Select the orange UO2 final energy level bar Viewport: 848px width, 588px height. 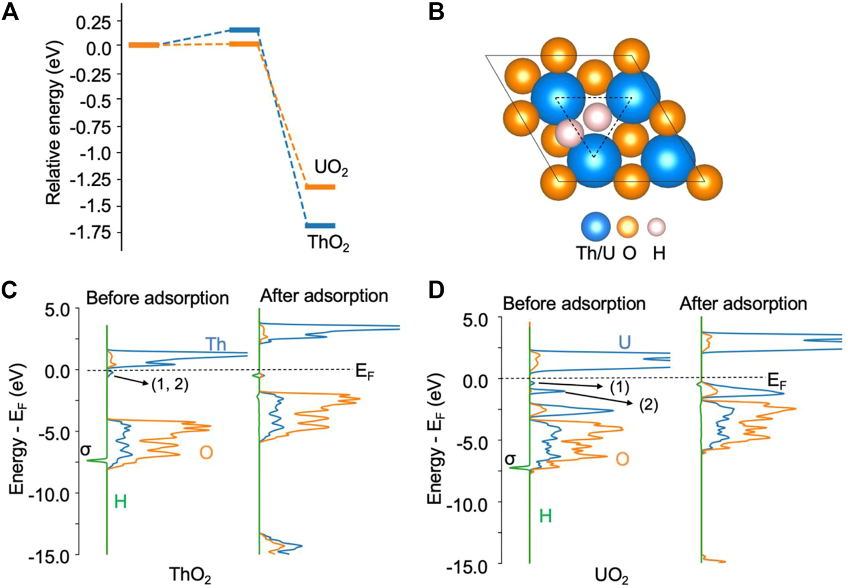(x=320, y=187)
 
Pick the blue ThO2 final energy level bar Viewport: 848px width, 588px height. (x=320, y=225)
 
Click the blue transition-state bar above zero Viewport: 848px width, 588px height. (x=244, y=30)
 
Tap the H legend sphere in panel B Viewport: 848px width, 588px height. (x=656, y=227)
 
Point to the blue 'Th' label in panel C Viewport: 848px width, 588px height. (x=215, y=344)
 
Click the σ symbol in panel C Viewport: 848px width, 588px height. (x=86, y=450)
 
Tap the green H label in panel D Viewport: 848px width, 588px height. (x=545, y=516)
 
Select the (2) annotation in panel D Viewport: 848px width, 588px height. (x=648, y=405)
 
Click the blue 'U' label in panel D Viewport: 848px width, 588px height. (x=624, y=342)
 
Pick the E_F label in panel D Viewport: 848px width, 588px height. (x=777, y=382)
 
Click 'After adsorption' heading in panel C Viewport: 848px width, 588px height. (x=324, y=296)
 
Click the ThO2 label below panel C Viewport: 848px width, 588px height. (x=190, y=575)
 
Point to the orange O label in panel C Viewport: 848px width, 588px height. (x=206, y=452)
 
